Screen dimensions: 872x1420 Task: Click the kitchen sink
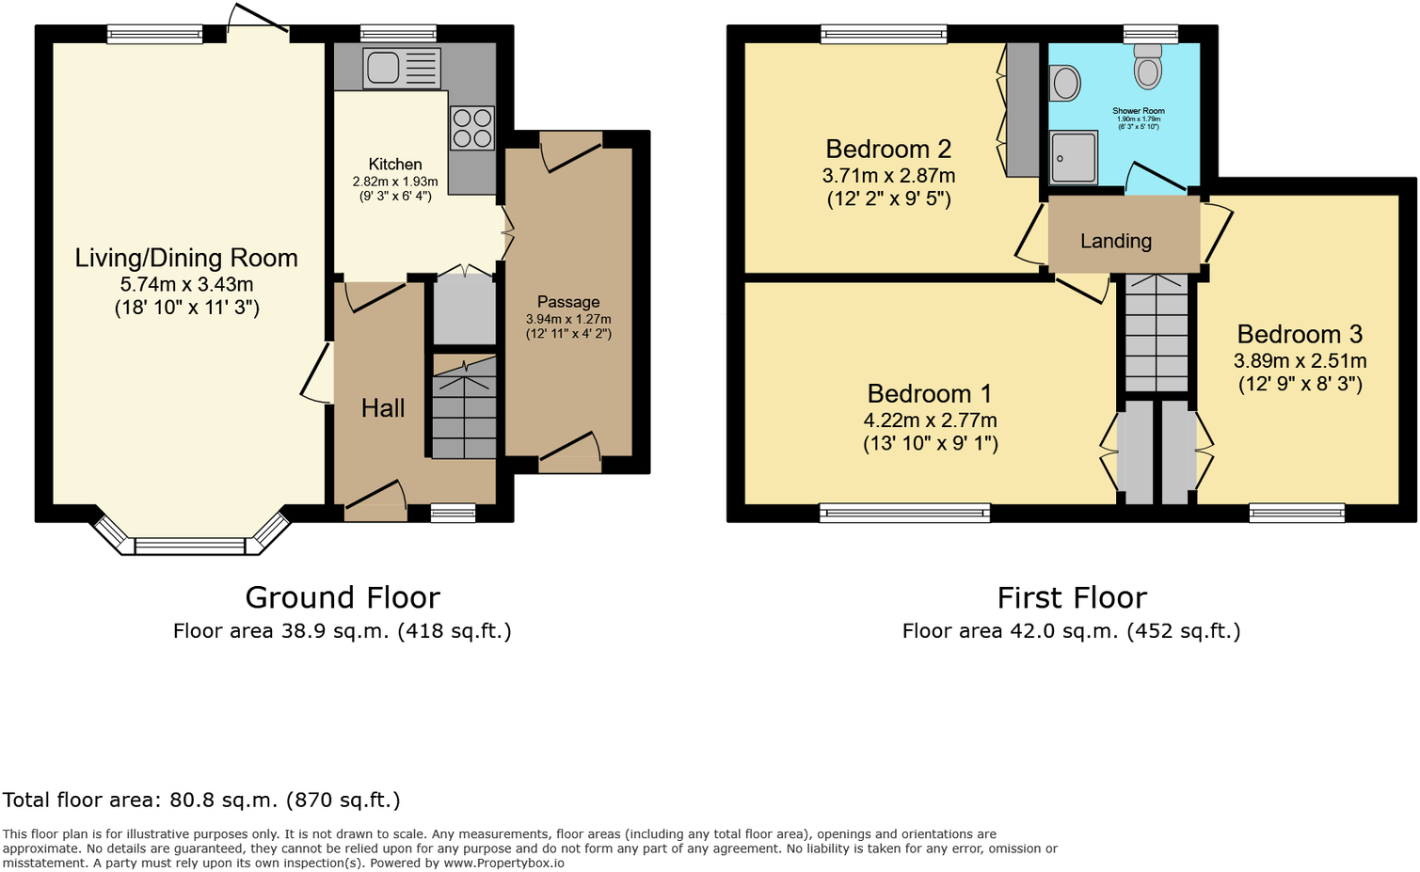pyautogui.click(x=384, y=68)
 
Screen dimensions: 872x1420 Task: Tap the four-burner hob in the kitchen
pyautogui.click(x=472, y=129)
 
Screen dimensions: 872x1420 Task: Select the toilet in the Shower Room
pyautogui.click(x=1148, y=68)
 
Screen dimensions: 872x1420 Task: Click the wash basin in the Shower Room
pyautogui.click(x=1065, y=83)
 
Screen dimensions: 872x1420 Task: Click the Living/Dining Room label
pyautogui.click(x=186, y=258)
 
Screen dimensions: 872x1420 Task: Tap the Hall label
pyautogui.click(x=383, y=408)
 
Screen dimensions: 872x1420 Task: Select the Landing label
pyautogui.click(x=1115, y=241)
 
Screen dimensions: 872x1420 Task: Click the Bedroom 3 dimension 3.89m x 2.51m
pyautogui.click(x=1300, y=361)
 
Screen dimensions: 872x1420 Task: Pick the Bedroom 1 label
pyautogui.click(x=929, y=393)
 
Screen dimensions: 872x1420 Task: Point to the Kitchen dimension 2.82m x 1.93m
pyautogui.click(x=395, y=182)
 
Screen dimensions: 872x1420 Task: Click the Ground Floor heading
pyautogui.click(x=343, y=597)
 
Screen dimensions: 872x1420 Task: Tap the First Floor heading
pyautogui.click(x=1072, y=597)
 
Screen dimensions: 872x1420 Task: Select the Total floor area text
pyautogui.click(x=201, y=801)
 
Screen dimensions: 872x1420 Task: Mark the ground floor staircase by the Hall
pyautogui.click(x=464, y=412)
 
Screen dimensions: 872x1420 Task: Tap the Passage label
pyautogui.click(x=568, y=302)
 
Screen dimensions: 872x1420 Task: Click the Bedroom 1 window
pyautogui.click(x=904, y=513)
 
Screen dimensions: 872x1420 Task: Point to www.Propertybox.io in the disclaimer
pyautogui.click(x=503, y=863)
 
